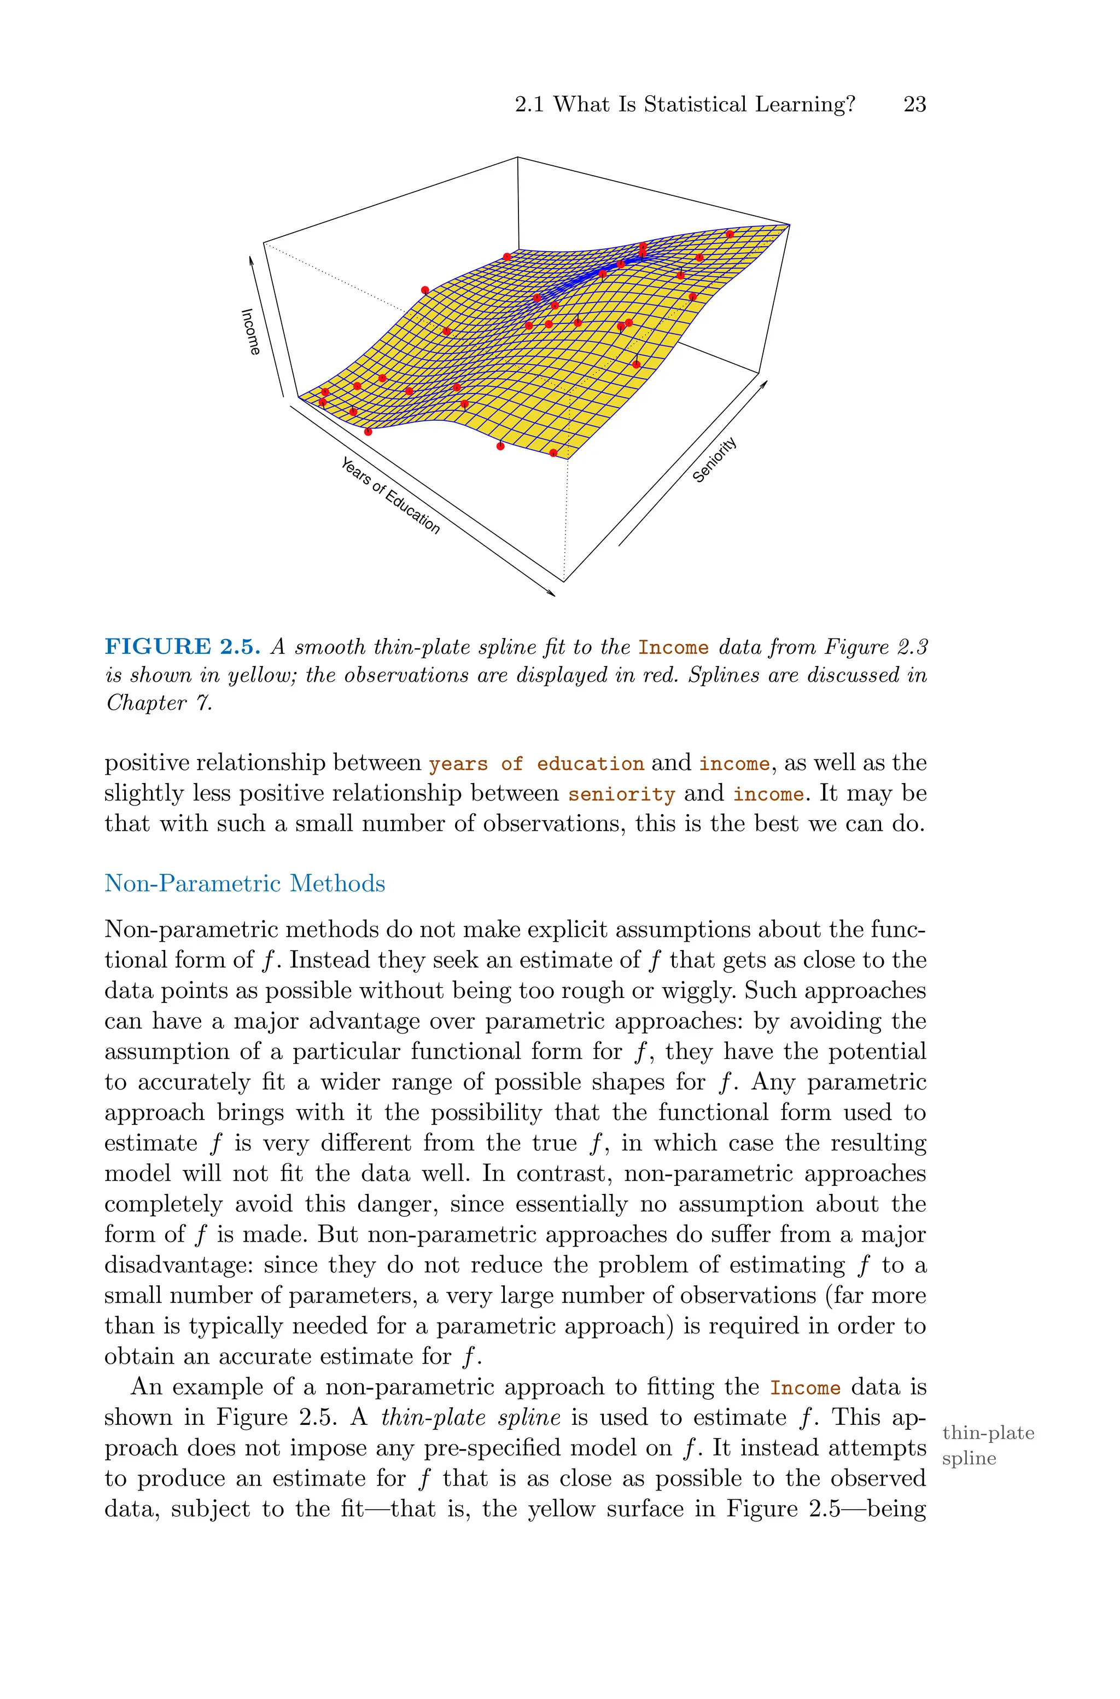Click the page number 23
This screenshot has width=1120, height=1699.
[x=914, y=105]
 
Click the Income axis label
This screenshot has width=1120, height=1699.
[x=250, y=332]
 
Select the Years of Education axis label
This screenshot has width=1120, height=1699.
[x=390, y=495]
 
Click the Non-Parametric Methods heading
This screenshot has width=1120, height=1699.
[x=244, y=883]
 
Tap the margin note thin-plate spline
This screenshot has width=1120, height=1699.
[x=988, y=1445]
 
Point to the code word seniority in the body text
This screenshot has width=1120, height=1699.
[x=621, y=795]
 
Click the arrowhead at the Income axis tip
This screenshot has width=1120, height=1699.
[x=250, y=259]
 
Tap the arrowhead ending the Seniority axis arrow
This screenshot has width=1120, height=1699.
[x=765, y=384]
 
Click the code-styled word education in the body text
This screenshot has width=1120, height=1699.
[x=590, y=764]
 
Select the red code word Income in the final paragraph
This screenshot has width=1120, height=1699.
[x=804, y=1388]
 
